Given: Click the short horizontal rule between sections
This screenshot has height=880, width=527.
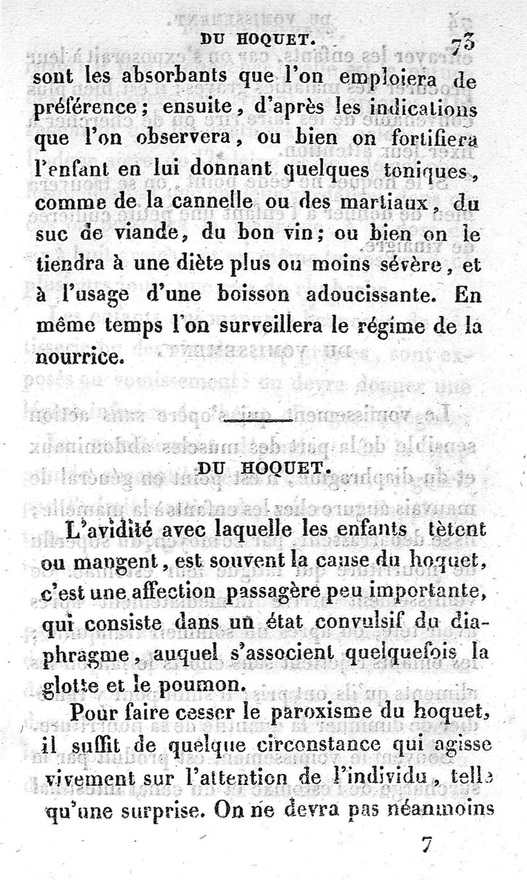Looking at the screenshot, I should click(259, 420).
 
